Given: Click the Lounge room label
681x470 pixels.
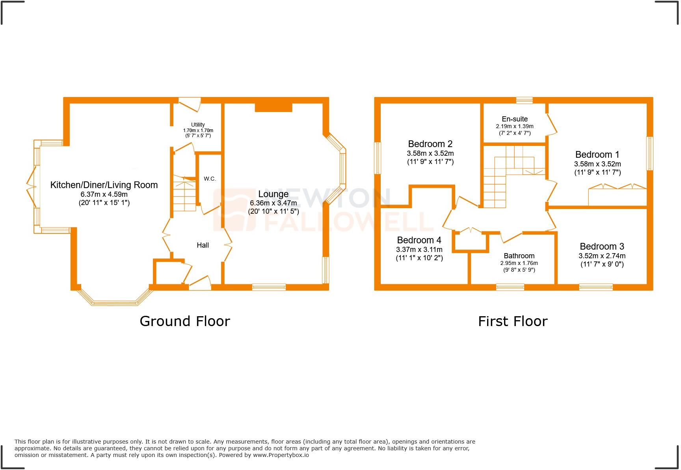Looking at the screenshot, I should (x=273, y=194).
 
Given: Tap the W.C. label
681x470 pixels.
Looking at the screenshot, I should (x=210, y=179).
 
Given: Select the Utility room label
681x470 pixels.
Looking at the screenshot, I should (x=198, y=125).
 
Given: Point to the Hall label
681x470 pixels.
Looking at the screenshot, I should (x=203, y=245).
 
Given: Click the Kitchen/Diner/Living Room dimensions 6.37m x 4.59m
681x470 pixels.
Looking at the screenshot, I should (x=104, y=194).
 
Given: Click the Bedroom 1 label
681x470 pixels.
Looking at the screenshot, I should (x=597, y=155).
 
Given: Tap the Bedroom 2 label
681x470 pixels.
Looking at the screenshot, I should (x=430, y=144).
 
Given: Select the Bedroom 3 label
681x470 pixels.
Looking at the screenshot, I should (x=602, y=246).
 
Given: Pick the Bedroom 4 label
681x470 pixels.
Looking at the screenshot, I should (x=419, y=240).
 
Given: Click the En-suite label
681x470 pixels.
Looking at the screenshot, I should (x=514, y=119).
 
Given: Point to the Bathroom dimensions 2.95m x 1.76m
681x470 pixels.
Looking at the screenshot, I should (x=519, y=263).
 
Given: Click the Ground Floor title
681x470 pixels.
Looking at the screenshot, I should (x=184, y=321).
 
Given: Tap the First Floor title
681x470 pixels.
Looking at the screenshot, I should (x=512, y=321).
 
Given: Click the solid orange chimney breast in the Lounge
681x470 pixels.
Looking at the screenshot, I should (x=273, y=106).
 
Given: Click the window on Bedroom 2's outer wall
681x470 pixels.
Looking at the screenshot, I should (x=378, y=158).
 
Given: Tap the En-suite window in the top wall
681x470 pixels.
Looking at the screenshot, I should (x=524, y=101).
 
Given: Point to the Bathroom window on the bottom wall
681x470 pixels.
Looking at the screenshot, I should (x=510, y=287).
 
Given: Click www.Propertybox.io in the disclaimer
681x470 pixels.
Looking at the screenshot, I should (x=281, y=455).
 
